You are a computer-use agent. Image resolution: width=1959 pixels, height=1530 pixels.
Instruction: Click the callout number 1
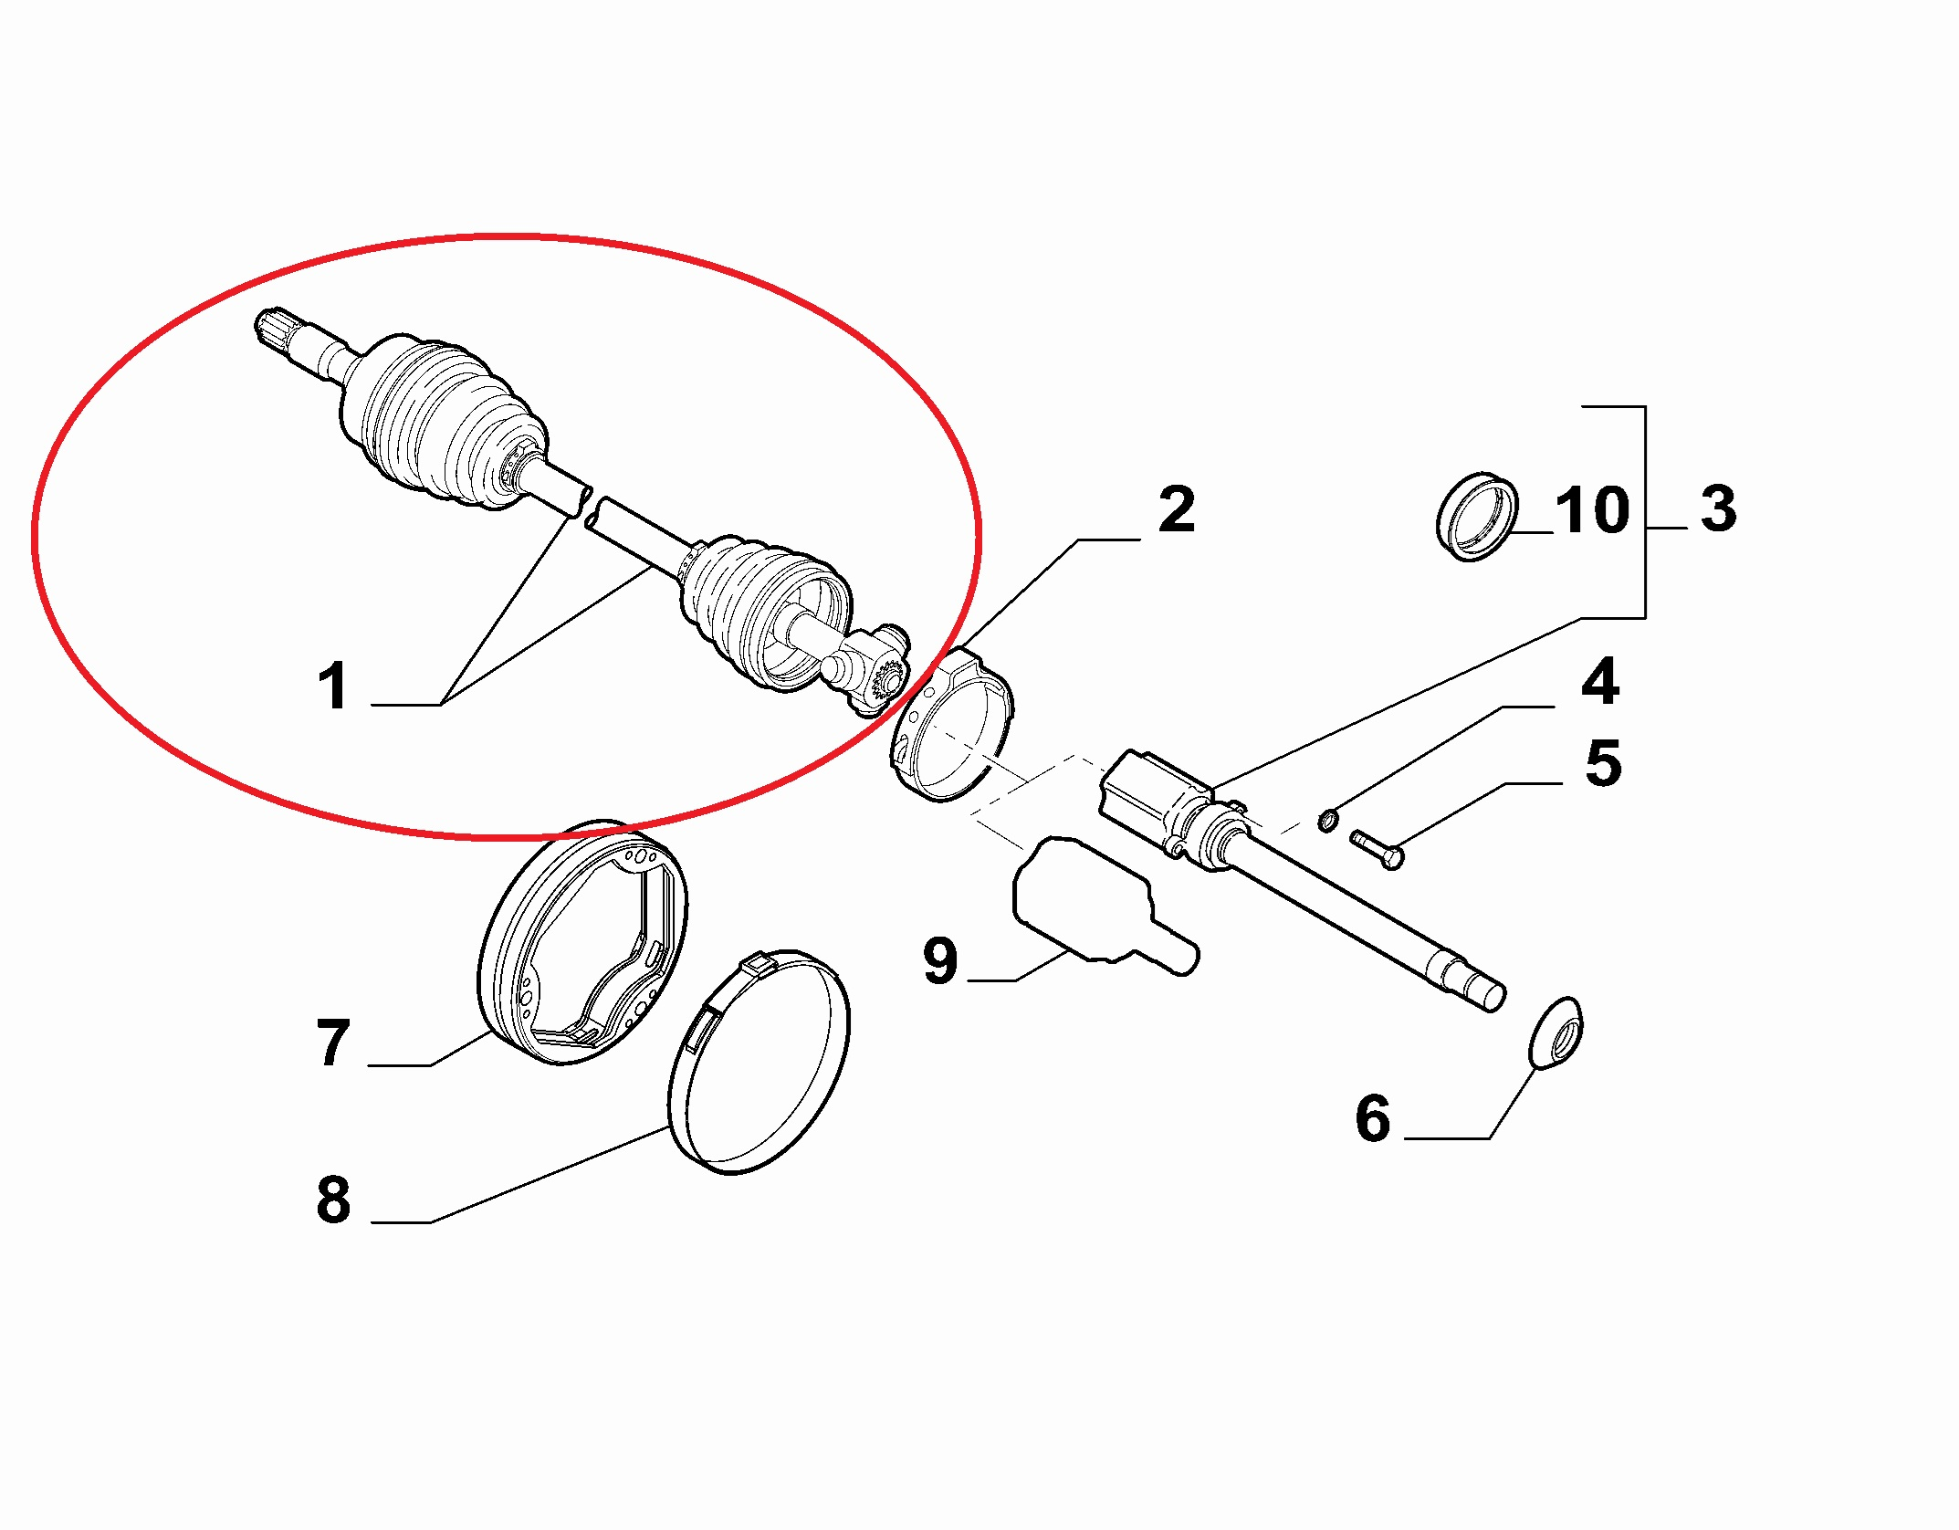[x=333, y=686]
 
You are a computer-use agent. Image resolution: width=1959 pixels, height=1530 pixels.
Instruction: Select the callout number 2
[x=1177, y=509]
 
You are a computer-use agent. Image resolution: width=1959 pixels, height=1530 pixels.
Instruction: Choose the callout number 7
[x=333, y=1043]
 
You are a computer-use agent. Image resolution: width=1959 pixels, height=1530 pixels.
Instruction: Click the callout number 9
[x=940, y=960]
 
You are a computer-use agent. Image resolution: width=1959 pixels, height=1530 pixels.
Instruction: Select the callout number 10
[x=1592, y=509]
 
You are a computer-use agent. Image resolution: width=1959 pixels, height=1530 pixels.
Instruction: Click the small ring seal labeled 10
[x=1476, y=517]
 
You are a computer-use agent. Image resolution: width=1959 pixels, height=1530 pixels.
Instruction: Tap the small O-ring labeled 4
[x=1328, y=821]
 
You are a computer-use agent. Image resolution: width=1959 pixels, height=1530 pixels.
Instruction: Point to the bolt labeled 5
[x=1377, y=849]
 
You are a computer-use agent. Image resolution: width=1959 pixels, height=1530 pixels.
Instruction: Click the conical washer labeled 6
[x=1555, y=1033]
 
